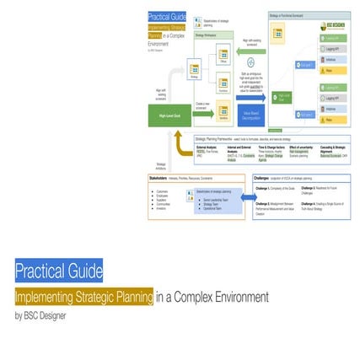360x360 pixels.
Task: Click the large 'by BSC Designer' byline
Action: tap(40, 316)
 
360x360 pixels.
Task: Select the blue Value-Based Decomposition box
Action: tap(251, 116)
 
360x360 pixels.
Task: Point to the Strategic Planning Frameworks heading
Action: tap(221, 138)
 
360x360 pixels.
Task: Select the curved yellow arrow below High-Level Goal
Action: tap(181, 145)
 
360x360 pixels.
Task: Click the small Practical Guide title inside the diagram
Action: tap(165, 15)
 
